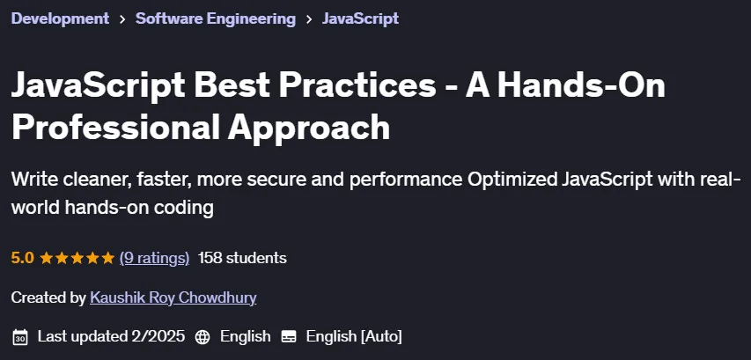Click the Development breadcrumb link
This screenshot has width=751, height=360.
60,18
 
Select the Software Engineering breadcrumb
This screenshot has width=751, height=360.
216,18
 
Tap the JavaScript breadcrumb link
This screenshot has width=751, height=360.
360,18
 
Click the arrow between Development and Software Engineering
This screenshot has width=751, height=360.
122,19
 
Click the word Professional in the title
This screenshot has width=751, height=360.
114,127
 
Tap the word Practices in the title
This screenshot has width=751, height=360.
357,84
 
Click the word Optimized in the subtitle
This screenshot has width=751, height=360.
512,181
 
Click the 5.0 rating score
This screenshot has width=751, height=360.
23,258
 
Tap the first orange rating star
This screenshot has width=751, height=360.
47,258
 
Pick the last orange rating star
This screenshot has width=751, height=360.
107,258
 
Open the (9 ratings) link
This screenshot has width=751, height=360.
154,259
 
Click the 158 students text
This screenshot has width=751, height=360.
242,258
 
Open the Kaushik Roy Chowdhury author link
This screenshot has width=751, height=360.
173,298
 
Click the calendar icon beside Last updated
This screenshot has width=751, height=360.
20,336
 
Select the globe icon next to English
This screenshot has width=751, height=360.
202,336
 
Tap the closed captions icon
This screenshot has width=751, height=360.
289,336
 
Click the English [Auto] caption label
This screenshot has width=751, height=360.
354,336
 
